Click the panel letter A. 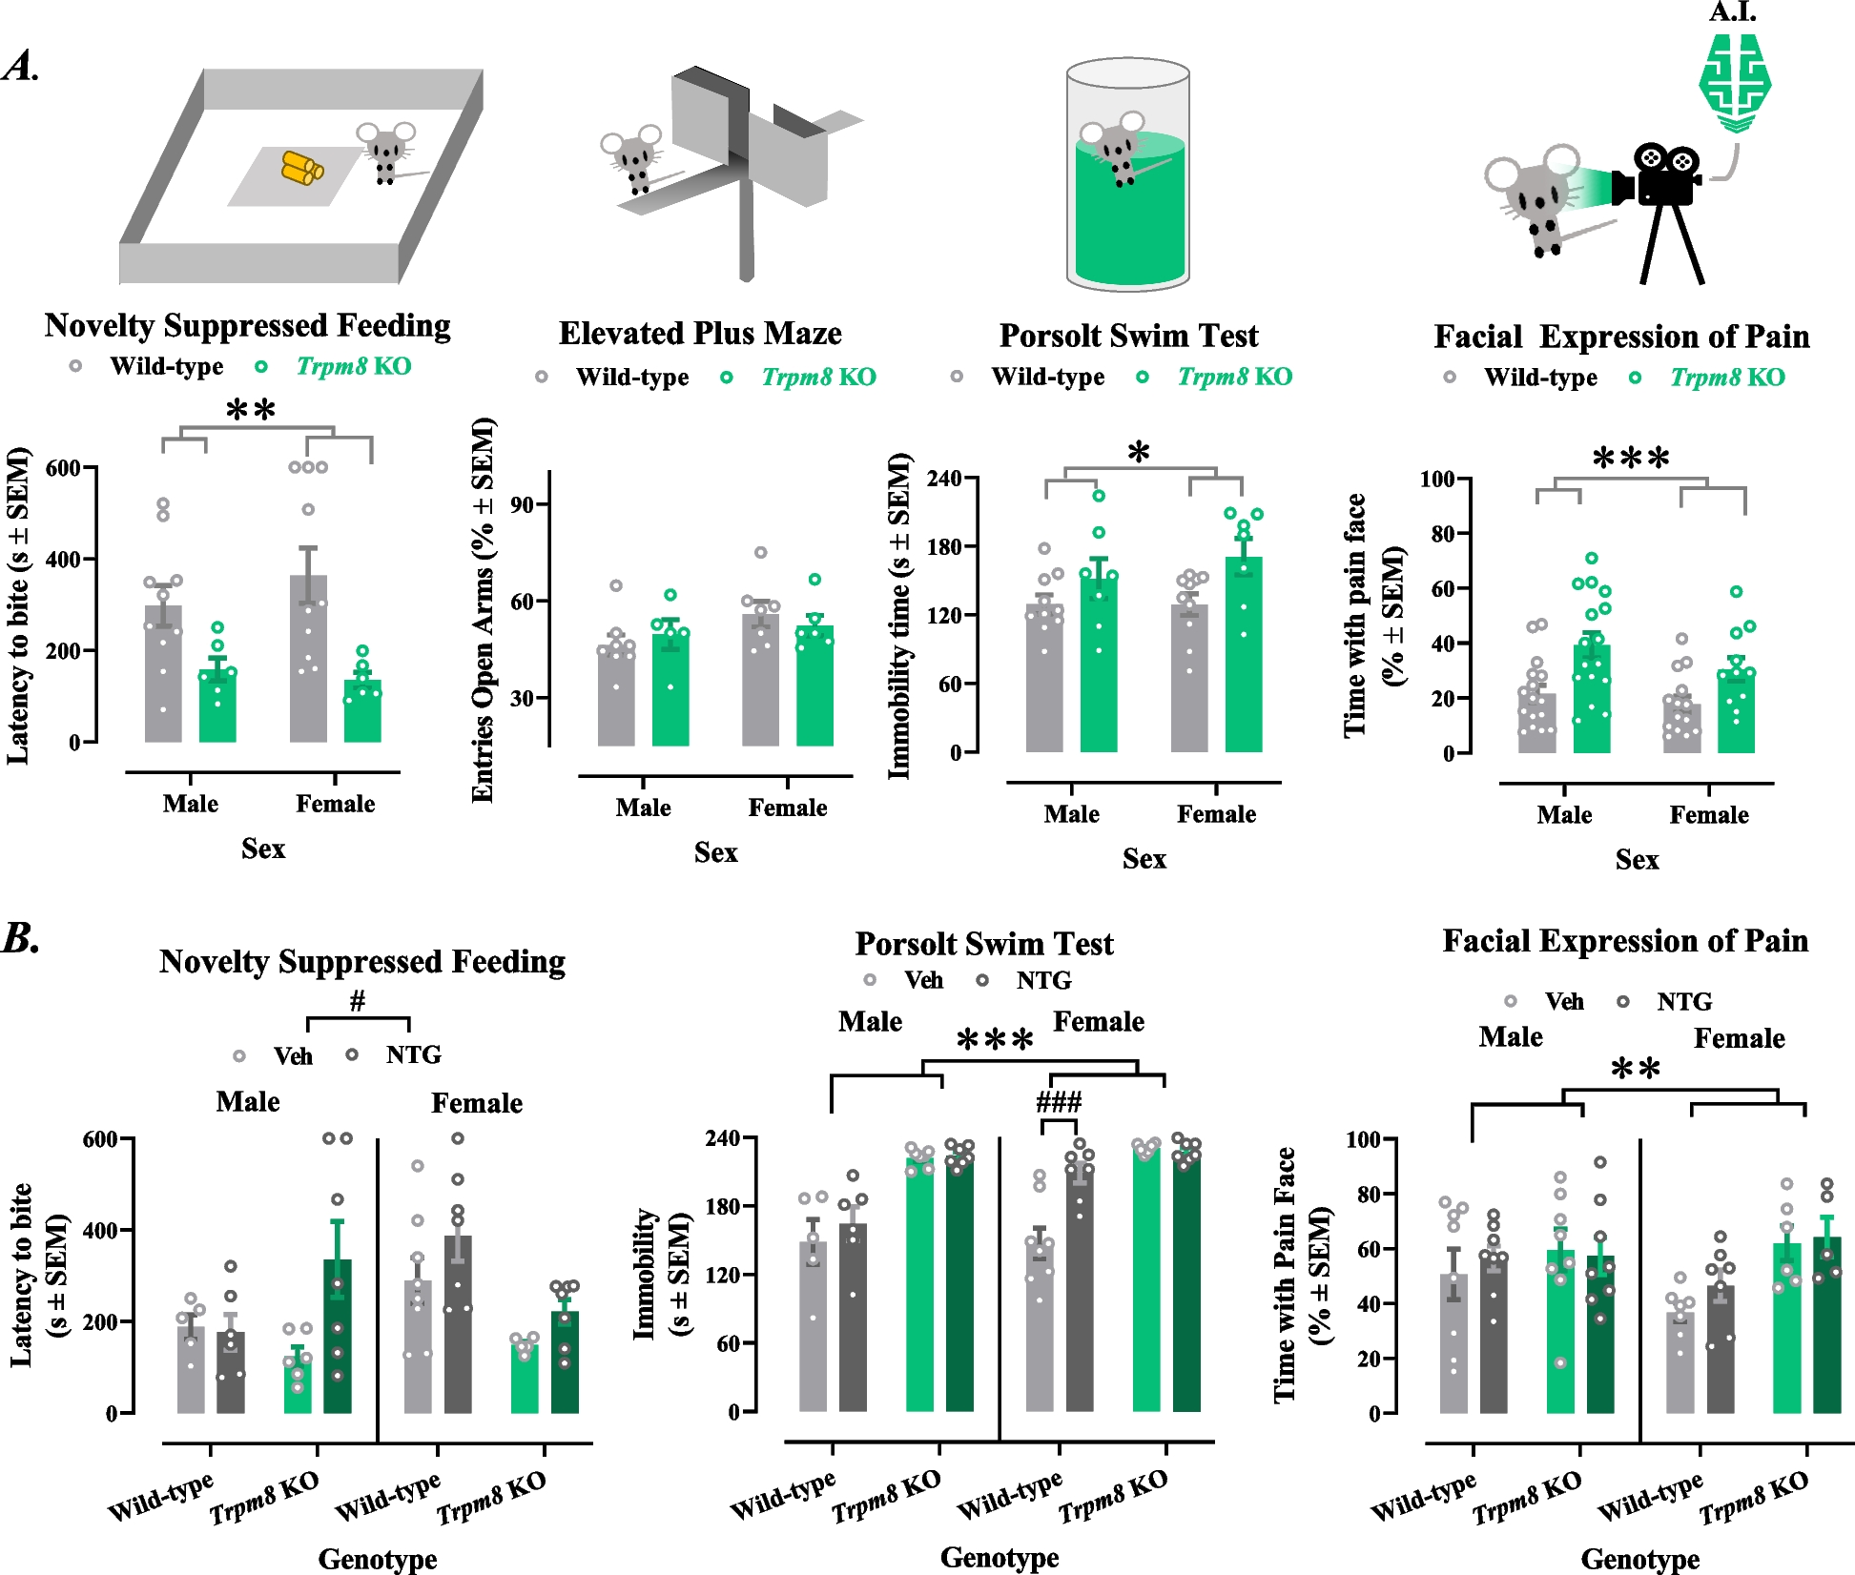pos(21,67)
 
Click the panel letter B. pos(21,938)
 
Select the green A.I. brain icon pos(1735,84)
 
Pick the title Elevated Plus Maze pos(700,334)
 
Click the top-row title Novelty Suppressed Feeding pos(247,326)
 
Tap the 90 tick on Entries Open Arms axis pos(523,504)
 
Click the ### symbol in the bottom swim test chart pos(1059,1103)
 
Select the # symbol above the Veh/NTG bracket pos(358,1001)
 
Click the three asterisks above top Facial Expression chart pos(1631,460)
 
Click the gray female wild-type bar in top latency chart pos(308,658)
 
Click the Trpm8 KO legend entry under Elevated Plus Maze pos(818,378)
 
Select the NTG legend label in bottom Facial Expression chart pos(1684,1002)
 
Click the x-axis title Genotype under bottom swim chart pos(1000,1557)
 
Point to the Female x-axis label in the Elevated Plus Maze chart pos(787,808)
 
